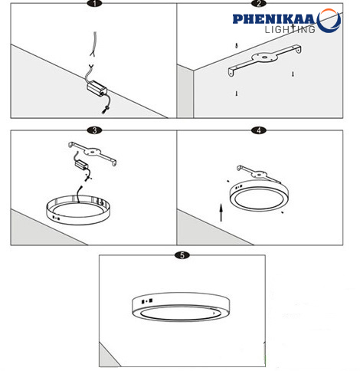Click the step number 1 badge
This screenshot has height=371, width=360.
click(x=94, y=3)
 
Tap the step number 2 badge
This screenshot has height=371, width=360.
click(x=259, y=3)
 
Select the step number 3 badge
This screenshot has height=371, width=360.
click(x=94, y=130)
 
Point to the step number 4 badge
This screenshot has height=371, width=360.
click(x=259, y=130)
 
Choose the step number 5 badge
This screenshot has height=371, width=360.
click(x=182, y=255)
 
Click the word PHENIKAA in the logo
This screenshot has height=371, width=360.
click(x=273, y=19)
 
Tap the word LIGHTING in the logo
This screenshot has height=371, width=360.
click(x=290, y=29)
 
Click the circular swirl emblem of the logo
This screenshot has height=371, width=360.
click(x=329, y=21)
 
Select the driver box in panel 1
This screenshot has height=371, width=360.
click(x=97, y=87)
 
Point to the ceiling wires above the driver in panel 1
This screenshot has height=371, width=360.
click(x=93, y=44)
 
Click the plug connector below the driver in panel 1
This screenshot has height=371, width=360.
click(x=105, y=110)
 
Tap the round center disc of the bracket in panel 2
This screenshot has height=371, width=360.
click(x=265, y=57)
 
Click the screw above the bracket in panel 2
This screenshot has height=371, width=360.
click(x=237, y=46)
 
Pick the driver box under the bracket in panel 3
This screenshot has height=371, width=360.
click(x=81, y=164)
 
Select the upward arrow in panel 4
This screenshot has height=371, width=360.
click(x=221, y=212)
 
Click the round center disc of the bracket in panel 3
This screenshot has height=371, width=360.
click(x=92, y=152)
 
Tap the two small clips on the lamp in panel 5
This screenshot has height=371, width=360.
click(x=147, y=301)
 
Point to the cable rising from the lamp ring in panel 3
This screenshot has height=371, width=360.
click(x=79, y=194)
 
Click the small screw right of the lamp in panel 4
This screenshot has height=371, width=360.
click(x=282, y=212)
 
